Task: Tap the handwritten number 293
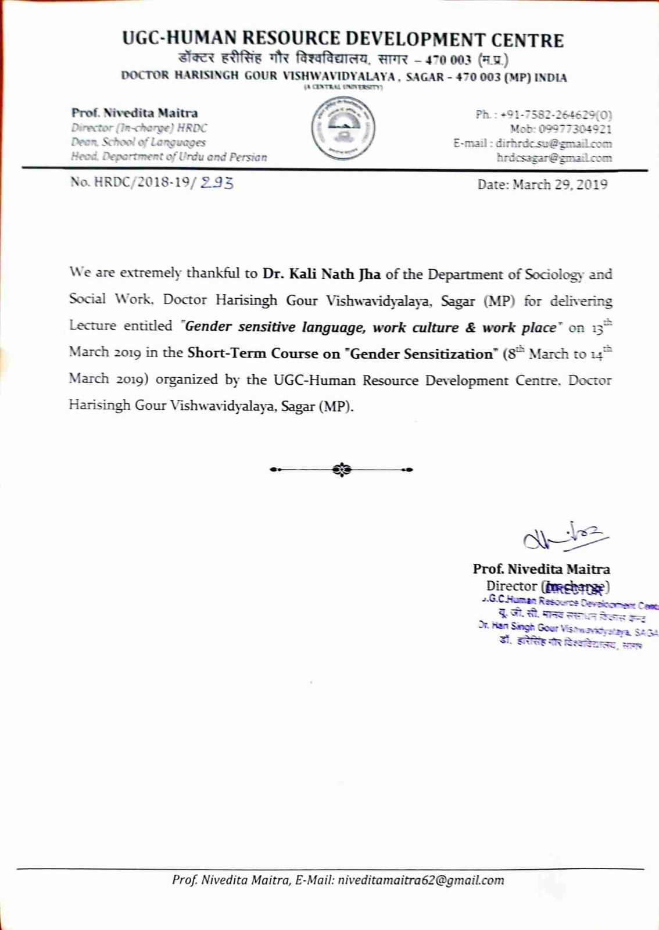tap(217, 183)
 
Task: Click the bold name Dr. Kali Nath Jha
tap(321, 274)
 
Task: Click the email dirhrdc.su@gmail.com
tap(553, 144)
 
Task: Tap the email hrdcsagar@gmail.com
tap(554, 158)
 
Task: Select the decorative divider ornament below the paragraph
tap(342, 469)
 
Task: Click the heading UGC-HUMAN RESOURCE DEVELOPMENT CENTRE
tap(343, 40)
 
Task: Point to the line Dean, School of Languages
tap(138, 142)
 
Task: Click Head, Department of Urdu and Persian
tap(169, 157)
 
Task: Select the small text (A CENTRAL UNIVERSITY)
tap(343, 87)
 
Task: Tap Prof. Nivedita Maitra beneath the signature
tap(541, 569)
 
